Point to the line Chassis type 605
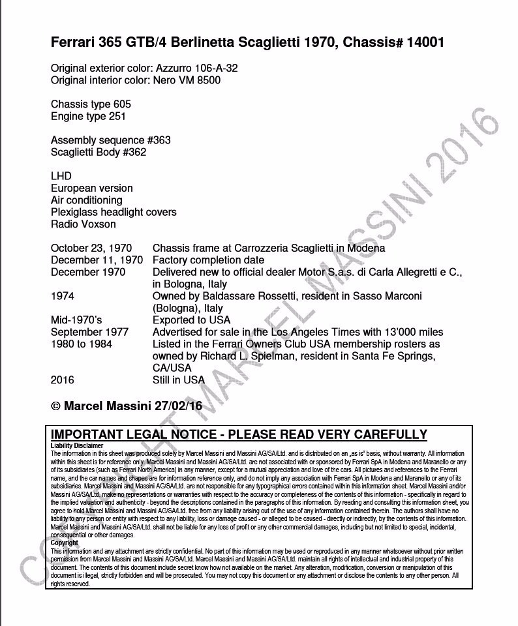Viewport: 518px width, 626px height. pos(91,104)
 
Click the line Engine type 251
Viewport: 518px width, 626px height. pos(88,116)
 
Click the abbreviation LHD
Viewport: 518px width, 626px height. pos(61,176)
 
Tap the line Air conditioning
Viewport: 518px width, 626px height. pos(86,200)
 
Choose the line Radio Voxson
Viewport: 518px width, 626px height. pos(83,224)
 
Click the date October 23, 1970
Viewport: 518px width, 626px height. pos(91,248)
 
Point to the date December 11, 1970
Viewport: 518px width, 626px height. pos(97,260)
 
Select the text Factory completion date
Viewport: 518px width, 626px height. pos(208,260)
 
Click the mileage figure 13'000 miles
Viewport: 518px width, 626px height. pos(407,332)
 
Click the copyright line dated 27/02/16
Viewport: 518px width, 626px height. pos(126,406)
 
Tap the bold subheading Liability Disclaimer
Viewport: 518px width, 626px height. pos(76,446)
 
